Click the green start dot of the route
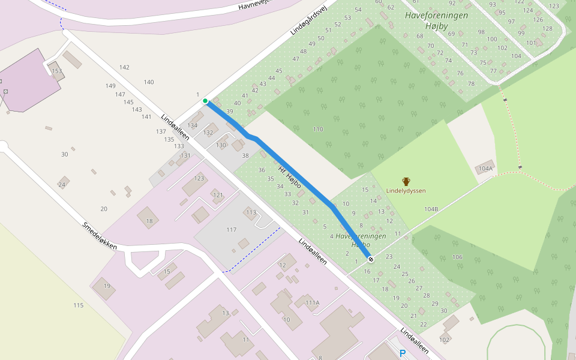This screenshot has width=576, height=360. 205,101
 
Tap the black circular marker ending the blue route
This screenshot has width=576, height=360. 371,259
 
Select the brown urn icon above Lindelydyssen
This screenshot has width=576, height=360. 406,181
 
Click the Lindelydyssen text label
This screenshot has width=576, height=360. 406,191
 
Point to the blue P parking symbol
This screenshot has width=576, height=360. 403,354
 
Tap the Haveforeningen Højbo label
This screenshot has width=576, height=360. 361,241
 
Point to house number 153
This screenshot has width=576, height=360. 57,71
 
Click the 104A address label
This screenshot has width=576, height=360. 485,169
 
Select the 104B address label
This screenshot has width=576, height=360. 431,209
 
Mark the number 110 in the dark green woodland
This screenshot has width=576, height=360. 317,129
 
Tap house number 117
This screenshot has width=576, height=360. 232,230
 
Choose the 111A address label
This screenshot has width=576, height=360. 313,303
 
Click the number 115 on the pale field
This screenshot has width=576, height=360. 78,305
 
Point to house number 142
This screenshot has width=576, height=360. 124,67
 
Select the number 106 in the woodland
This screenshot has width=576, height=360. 457,257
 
